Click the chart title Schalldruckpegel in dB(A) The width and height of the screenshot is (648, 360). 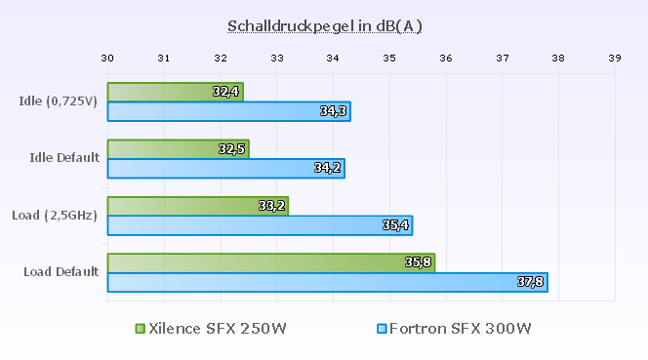[x=325, y=25]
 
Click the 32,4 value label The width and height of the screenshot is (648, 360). [x=225, y=92]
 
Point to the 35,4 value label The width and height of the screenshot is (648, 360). [x=395, y=225]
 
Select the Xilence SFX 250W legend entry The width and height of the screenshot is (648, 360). [x=211, y=328]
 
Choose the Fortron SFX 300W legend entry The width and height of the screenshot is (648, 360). [x=454, y=328]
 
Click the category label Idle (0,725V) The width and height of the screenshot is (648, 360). [x=58, y=100]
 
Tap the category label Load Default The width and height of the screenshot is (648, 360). [x=61, y=271]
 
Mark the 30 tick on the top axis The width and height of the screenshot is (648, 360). [x=107, y=59]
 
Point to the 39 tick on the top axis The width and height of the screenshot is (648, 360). [x=614, y=59]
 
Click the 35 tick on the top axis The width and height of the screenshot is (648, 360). [x=389, y=59]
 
